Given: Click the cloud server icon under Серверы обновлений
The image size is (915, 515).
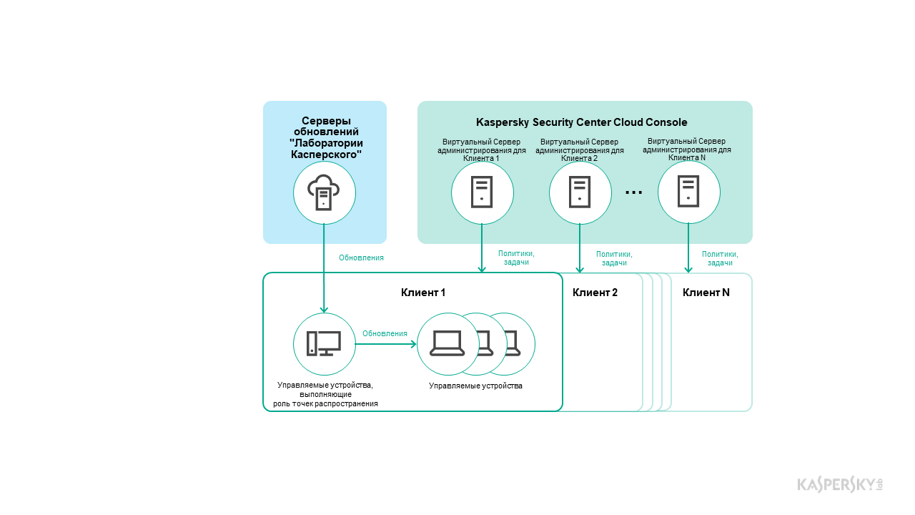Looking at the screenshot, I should point(325,192).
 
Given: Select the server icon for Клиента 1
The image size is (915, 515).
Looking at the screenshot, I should point(482,192).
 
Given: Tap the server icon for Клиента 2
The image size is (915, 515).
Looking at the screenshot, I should point(580,192).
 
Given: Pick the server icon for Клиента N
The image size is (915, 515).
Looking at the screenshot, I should point(688,192).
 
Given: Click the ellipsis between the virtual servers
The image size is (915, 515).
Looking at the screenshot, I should point(634,192).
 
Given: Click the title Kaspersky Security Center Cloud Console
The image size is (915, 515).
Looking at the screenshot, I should point(582,122).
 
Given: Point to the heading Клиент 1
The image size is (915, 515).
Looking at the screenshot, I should point(423,293).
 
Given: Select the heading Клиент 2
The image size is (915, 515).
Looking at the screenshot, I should point(595,293).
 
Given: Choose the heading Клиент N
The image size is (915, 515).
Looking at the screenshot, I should point(706,293).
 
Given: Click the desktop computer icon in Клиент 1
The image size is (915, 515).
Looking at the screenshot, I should point(324,344).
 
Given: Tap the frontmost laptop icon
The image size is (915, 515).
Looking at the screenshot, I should point(447,344).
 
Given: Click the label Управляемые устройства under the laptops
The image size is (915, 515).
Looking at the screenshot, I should point(475,386).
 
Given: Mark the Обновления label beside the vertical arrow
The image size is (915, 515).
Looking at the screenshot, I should point(361,258).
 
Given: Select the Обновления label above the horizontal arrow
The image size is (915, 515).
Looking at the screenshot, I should point(385,333).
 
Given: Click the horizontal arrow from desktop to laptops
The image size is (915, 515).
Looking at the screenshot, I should point(386,344).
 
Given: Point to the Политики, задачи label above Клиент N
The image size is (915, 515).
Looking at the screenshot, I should point(720,258).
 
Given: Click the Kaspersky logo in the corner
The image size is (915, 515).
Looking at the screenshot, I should point(840,484).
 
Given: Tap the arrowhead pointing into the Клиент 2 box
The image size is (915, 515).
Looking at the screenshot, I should point(580,269).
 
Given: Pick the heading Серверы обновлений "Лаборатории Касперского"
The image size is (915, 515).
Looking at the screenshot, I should point(325,137).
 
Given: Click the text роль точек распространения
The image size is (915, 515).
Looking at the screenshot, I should point(325,404).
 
